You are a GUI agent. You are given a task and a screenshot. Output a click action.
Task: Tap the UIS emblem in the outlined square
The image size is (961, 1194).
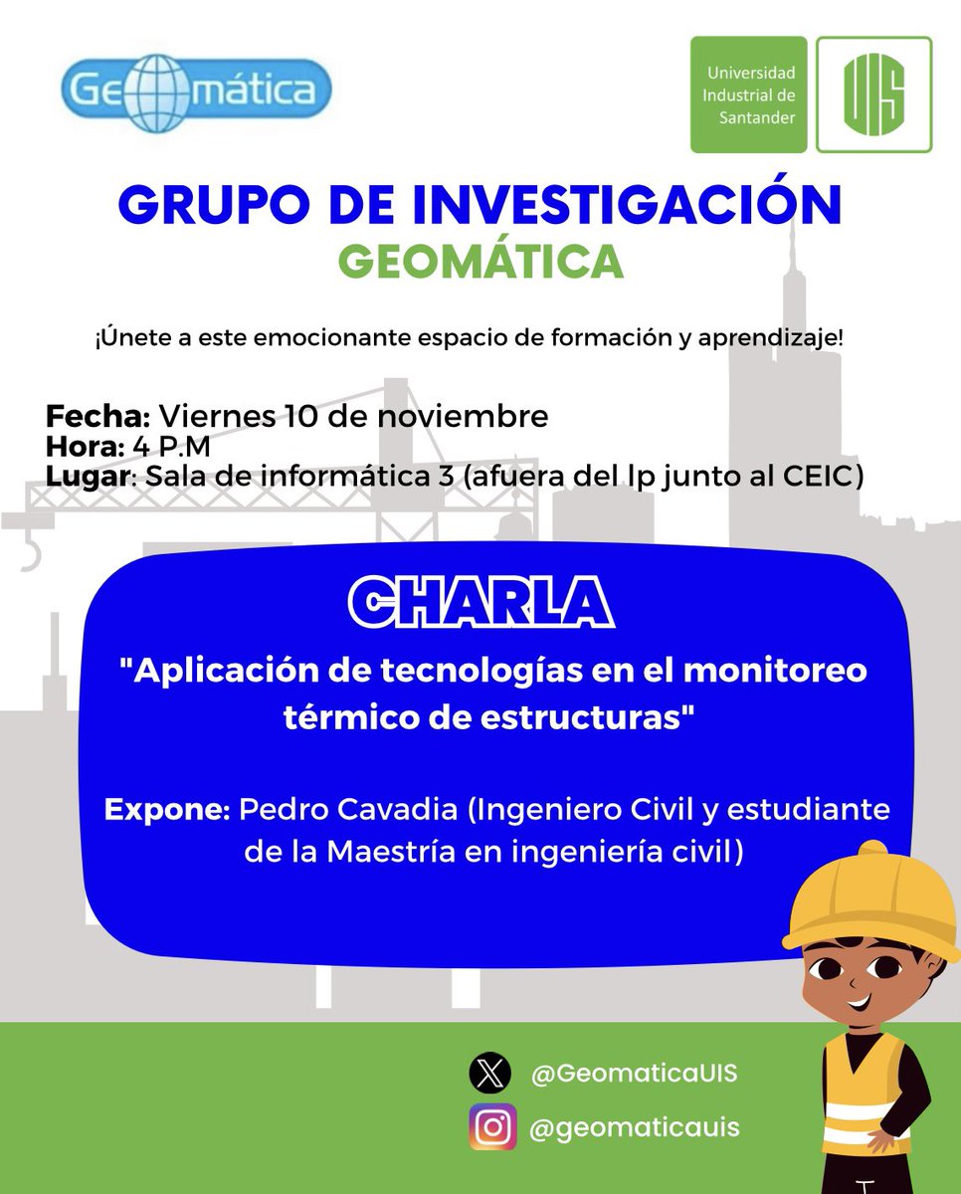point(873,95)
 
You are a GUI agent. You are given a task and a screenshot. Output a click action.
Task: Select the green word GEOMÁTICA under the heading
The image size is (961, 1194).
point(480,261)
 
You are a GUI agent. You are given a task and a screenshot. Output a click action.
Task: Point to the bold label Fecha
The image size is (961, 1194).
point(97,415)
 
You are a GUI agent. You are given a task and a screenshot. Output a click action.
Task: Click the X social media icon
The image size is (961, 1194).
point(490,1075)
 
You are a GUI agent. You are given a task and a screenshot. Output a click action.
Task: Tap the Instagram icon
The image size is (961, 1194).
point(492,1127)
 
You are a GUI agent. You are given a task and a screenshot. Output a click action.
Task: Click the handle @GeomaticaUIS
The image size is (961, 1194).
point(634,1075)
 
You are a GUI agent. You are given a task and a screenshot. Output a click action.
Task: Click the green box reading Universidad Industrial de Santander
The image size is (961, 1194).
point(750,95)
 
